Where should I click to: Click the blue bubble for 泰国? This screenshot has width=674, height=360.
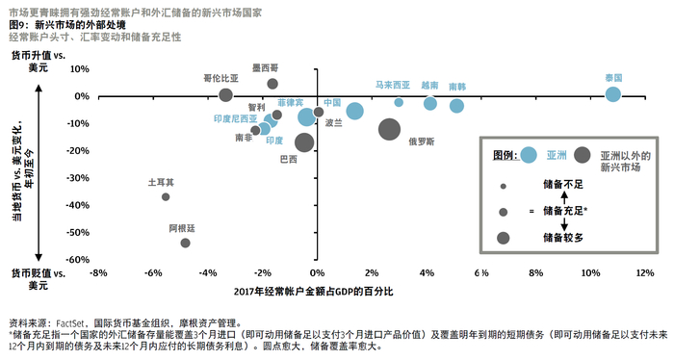tap(612, 93)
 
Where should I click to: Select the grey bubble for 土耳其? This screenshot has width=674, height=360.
tap(166, 196)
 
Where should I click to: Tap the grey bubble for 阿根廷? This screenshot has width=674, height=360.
tap(185, 243)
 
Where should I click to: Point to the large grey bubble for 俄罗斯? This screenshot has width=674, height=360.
tap(390, 129)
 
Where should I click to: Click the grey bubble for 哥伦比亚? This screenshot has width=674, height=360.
tap(225, 94)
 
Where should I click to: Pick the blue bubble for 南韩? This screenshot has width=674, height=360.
tap(456, 105)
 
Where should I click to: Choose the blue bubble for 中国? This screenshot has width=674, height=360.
tap(354, 111)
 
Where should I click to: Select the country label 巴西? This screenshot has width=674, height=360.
tap(287, 159)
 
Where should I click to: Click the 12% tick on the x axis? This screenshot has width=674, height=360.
tap(645, 273)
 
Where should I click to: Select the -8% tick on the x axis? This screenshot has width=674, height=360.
tap(97, 273)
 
